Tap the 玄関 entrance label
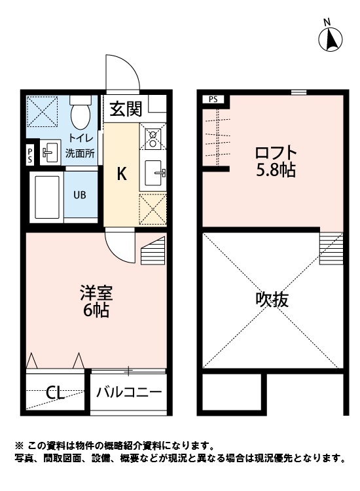[x=124, y=108]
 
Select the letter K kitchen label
[x=122, y=174]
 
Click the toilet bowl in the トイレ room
[x=81, y=114]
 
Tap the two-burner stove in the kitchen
[x=153, y=138]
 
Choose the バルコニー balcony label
[x=129, y=393]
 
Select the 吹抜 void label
[x=272, y=300]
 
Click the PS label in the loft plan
[x=213, y=100]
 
